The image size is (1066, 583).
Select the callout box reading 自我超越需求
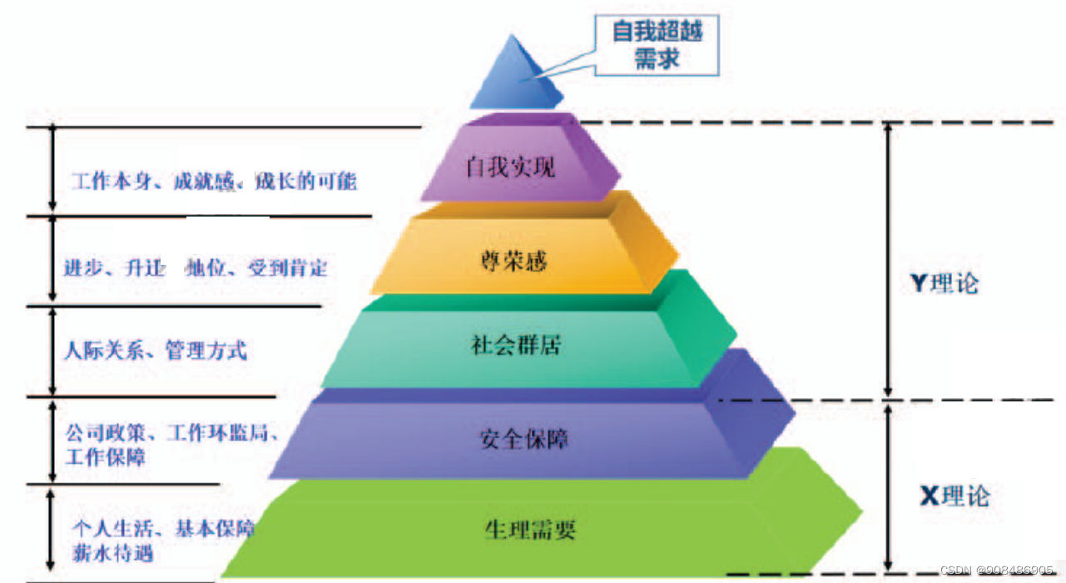point(657,45)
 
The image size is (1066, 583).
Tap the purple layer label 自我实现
point(510,168)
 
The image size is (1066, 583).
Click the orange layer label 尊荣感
point(514,260)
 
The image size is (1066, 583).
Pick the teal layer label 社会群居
point(516,346)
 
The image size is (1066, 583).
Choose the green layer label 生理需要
point(530,529)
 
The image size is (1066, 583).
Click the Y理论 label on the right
point(945,283)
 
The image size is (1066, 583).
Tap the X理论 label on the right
point(954,496)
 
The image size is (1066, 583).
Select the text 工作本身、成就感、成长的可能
point(214,181)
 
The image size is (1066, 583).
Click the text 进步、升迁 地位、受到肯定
point(196,268)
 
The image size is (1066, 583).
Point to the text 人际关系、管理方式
point(156,350)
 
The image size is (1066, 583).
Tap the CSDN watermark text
point(997,571)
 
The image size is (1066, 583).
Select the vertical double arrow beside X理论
point(889,486)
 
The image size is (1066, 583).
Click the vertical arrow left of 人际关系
point(52,351)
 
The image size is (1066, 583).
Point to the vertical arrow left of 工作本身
point(52,168)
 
